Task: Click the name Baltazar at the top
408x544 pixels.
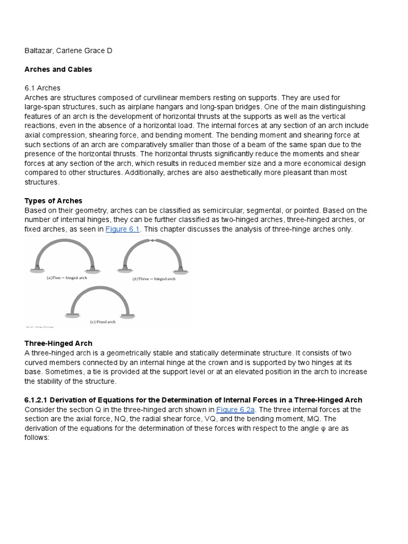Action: [40, 50]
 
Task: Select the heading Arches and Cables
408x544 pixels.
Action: [58, 70]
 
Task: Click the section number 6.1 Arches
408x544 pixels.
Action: [42, 88]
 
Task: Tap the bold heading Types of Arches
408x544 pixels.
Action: [53, 200]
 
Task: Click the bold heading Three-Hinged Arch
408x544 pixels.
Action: [58, 344]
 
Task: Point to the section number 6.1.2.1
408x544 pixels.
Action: [40, 400]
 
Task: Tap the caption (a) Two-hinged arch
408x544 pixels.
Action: [67, 278]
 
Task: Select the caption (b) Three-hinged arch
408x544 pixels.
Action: [154, 278]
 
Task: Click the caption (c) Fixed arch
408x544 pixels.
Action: [101, 322]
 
